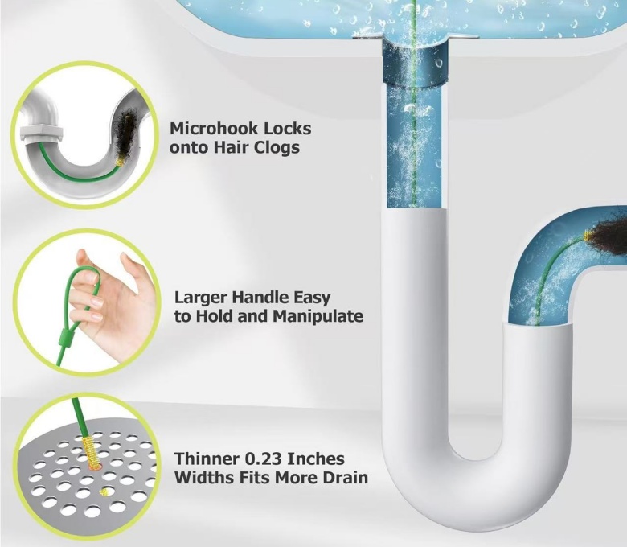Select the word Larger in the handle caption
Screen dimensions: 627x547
pyautogui.click(x=201, y=298)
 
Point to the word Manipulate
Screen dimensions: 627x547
pyautogui.click(x=318, y=316)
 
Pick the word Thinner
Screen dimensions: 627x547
pyautogui.click(x=207, y=459)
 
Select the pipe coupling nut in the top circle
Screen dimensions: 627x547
pyautogui.click(x=41, y=134)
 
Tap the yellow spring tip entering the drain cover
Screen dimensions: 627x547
pyautogui.click(x=89, y=451)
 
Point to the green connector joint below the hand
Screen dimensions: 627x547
pyautogui.click(x=64, y=336)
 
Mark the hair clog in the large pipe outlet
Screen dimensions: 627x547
pyautogui.click(x=609, y=237)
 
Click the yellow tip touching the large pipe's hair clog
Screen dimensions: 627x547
pyautogui.click(x=588, y=236)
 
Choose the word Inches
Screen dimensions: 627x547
pyautogui.click(x=316, y=459)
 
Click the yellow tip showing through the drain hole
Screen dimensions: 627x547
pyautogui.click(x=104, y=491)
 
